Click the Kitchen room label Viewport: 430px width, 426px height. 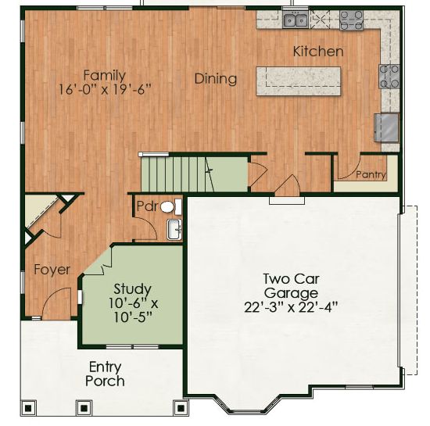click(318, 52)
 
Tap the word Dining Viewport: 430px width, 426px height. click(216, 79)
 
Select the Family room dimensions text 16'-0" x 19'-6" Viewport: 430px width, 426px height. click(106, 89)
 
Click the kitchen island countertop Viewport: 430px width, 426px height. click(299, 81)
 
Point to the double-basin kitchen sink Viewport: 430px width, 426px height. click(296, 20)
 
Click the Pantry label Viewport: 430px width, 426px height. click(371, 174)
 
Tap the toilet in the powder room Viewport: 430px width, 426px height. click(170, 207)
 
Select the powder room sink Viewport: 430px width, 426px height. click(174, 229)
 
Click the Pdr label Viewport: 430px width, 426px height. click(148, 206)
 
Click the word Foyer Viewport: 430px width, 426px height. click(52, 270)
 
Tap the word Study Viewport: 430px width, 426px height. click(132, 289)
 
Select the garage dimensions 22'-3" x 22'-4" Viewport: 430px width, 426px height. click(291, 307)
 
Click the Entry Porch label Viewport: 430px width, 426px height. click(105, 374)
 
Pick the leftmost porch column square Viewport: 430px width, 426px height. click(28, 408)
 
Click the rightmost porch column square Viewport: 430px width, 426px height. click(181, 408)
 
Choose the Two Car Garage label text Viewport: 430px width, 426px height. click(292, 286)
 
